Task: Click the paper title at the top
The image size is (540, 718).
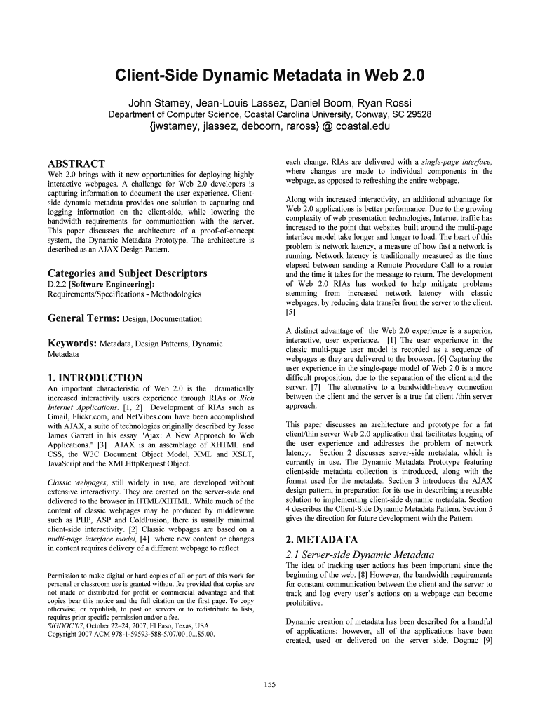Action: coord(270,75)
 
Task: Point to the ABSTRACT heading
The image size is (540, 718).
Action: coord(76,163)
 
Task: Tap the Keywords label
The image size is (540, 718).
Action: coord(72,344)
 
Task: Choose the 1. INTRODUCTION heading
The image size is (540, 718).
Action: coord(95,378)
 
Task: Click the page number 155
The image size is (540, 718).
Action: coord(270,684)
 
